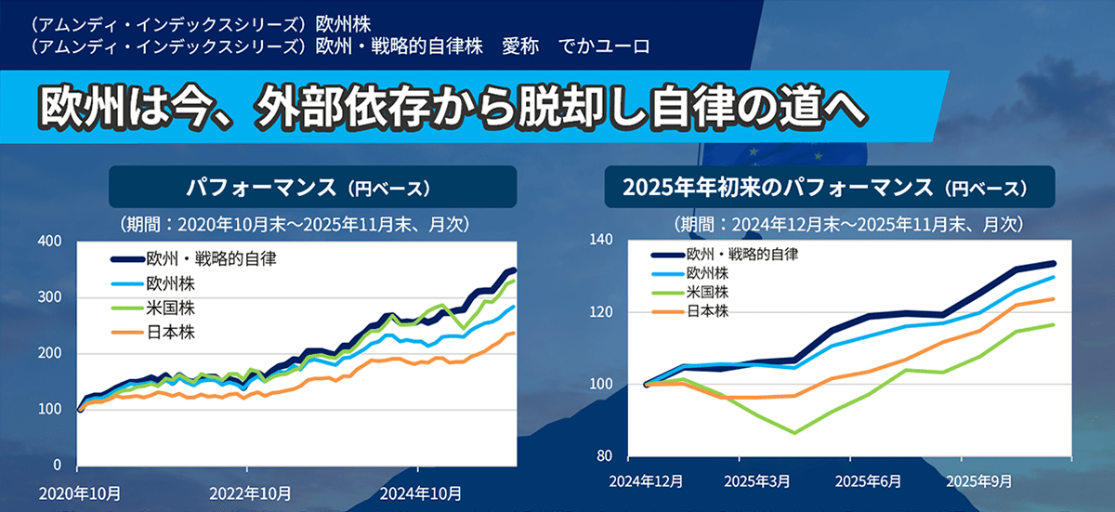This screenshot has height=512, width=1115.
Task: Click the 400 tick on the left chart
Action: tap(50, 242)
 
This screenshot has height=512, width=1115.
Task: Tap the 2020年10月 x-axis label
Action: tap(81, 492)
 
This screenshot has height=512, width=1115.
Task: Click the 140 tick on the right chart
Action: tap(602, 240)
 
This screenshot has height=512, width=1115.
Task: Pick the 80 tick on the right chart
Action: tap(606, 456)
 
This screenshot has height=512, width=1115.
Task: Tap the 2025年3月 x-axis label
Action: tap(757, 482)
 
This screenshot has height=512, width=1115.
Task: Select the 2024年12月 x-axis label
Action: tap(647, 482)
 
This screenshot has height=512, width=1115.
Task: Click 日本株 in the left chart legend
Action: tap(168, 332)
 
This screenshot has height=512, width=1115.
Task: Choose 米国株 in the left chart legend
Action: tap(168, 308)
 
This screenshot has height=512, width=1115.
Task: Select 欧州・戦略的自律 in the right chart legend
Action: tap(742, 254)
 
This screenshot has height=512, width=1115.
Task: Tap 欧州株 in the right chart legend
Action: tap(707, 273)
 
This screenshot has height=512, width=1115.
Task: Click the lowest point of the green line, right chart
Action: tap(794, 432)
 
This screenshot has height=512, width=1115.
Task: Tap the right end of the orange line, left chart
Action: tap(514, 333)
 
